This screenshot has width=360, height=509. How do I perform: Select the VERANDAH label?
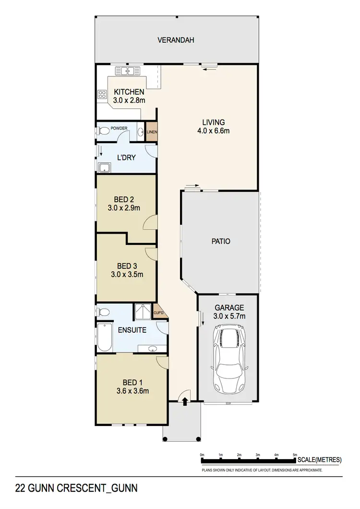click(x=176, y=40)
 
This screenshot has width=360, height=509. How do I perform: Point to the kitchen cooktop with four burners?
click(x=102, y=95)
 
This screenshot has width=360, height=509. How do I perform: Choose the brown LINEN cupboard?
click(x=152, y=133)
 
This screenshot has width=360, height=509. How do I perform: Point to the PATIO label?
click(x=221, y=242)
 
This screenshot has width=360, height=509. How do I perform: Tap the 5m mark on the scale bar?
click(x=295, y=454)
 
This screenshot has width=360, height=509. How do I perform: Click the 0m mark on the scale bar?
click(x=202, y=454)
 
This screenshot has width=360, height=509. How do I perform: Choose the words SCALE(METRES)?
click(x=320, y=460)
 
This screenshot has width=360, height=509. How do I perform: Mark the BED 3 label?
click(x=127, y=266)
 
